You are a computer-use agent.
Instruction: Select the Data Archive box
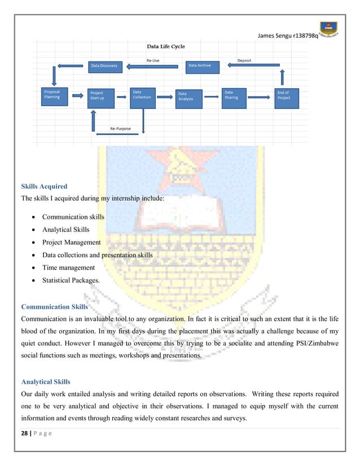pos(202,66)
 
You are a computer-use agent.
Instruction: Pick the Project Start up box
pos(102,96)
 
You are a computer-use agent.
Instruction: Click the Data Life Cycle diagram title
pos(166,46)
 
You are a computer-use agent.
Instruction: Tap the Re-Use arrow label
pos(152,60)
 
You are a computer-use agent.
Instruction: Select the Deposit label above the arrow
pos(244,60)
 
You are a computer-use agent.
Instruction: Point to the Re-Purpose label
pos(120,129)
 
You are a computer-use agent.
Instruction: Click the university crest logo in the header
pos(328,28)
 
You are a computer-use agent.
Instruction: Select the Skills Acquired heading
pos(44,186)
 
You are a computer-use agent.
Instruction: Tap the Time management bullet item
pos(68,267)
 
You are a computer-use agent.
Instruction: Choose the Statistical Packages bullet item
pos(71,280)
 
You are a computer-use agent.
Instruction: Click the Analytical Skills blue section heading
pos(46,382)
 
